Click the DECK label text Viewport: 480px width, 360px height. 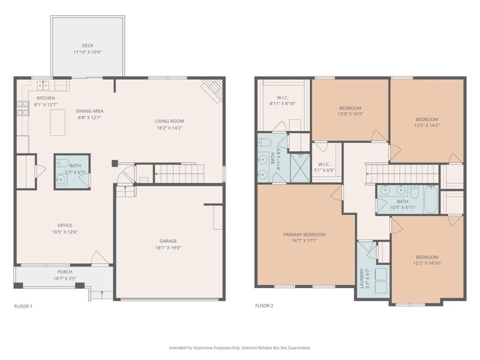[88, 46]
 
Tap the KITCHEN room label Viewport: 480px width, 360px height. [46, 98]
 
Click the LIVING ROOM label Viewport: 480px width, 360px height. [169, 121]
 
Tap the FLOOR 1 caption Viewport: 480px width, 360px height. [23, 306]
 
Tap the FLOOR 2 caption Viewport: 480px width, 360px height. [264, 306]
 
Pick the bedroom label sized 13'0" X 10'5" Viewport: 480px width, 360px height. [350, 107]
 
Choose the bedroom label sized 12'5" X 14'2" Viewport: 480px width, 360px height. [427, 119]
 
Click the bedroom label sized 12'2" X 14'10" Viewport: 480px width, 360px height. [427, 256]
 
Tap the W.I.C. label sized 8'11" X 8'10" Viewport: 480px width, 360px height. [283, 97]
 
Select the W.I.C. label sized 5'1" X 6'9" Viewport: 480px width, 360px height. [324, 164]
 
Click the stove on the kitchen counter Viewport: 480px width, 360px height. [22, 107]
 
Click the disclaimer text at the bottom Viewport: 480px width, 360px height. [240, 347]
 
